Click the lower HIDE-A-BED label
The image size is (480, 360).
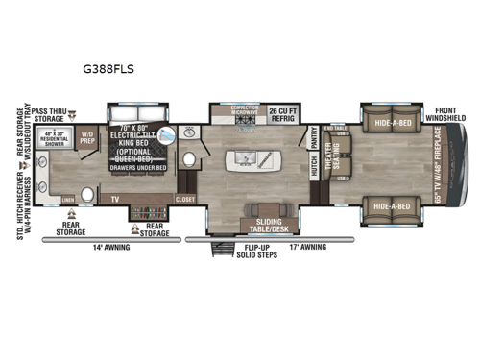coord(394,205)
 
